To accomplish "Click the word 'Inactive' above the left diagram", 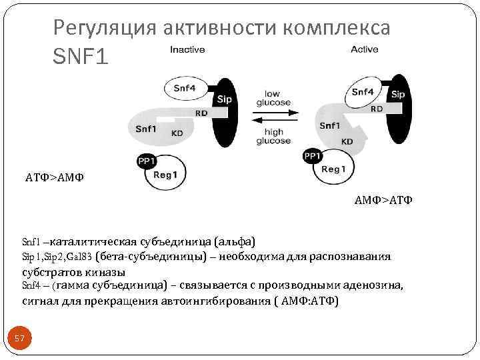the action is [187, 50].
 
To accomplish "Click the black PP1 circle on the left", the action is [145, 161].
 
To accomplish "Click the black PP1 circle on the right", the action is [312, 156].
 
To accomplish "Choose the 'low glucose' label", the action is [273, 98].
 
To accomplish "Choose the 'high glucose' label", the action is [273, 137].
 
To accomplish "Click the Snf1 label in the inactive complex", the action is [145, 129].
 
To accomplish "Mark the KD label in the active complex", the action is [347, 141].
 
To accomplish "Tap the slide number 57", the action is [19, 339].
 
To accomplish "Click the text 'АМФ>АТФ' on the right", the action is [383, 199].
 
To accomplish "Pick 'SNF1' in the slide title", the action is [79, 57].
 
